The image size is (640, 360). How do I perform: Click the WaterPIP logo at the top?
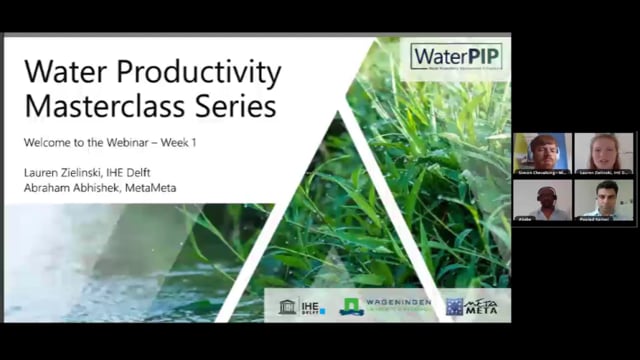point(457,55)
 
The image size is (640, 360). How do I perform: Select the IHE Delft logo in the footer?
point(301,306)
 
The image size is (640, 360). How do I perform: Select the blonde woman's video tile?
point(603,152)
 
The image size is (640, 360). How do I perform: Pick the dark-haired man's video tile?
point(603,198)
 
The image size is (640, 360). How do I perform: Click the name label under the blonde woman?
point(603,173)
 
